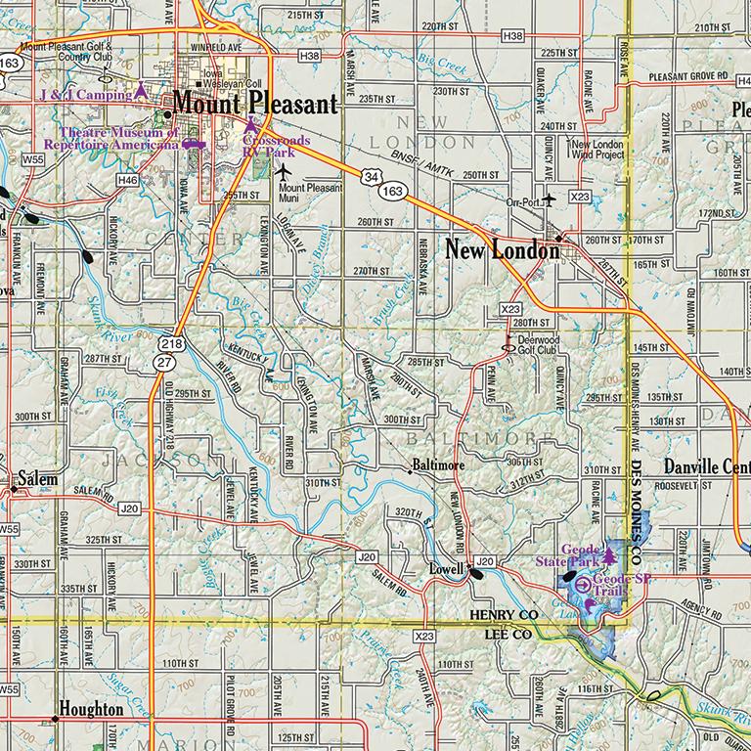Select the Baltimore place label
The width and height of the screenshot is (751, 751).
pos(437,465)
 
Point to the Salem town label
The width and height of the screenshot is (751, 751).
pos(36,480)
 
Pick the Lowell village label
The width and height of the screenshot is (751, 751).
pos(447,568)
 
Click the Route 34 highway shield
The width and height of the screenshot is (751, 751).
pos(370,176)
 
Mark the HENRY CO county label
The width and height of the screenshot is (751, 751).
pos(505,614)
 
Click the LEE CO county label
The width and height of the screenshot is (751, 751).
pos(508,634)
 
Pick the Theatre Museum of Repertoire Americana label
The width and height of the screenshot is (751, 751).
pos(119,138)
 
